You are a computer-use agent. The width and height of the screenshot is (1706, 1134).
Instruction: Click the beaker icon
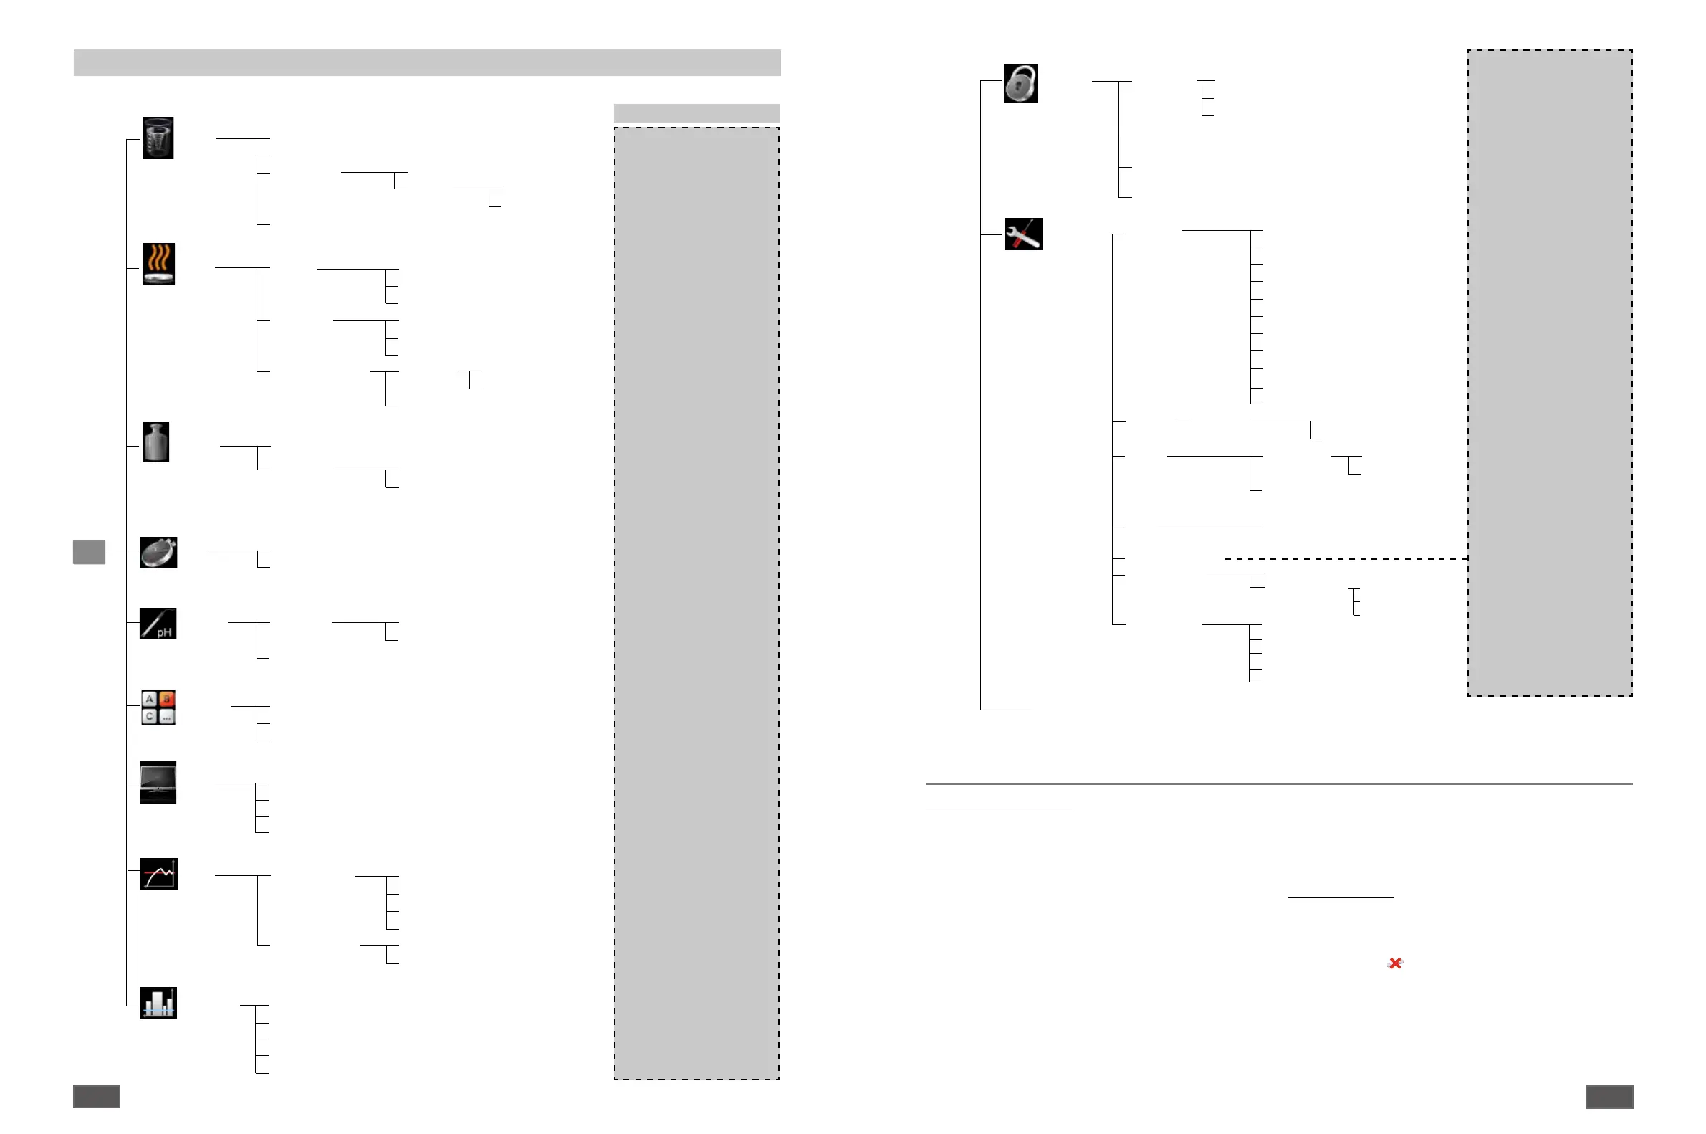[x=158, y=138]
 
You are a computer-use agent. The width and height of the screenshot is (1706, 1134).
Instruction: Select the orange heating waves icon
[x=158, y=264]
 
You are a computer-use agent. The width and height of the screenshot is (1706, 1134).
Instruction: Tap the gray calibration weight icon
[x=156, y=442]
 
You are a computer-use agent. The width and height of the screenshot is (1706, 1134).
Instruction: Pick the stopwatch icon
[x=158, y=553]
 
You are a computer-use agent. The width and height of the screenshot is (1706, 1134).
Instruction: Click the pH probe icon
[x=158, y=624]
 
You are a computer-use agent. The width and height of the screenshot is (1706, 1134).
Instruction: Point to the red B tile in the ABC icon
[x=167, y=700]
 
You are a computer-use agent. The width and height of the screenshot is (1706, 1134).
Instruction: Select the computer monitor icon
[x=158, y=782]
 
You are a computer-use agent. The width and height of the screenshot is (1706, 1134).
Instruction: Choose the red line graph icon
[x=158, y=875]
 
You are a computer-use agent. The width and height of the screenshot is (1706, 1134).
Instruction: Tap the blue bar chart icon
[x=158, y=1002]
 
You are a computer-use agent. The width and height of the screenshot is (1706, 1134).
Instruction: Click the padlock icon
[x=1020, y=83]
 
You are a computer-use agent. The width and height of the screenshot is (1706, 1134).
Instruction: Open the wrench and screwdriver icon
[x=1023, y=234]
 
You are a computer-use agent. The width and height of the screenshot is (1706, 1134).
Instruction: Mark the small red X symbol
[x=1395, y=963]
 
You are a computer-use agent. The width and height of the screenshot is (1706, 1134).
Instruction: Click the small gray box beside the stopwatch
[x=89, y=552]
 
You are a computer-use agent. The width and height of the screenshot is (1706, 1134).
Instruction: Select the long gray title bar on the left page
[x=426, y=62]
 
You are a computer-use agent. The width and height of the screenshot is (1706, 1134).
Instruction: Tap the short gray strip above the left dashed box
[x=696, y=113]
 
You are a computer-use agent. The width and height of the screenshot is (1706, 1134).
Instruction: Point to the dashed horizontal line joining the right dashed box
[x=1345, y=559]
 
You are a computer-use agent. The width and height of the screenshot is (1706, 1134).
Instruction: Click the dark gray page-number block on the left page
[x=96, y=1097]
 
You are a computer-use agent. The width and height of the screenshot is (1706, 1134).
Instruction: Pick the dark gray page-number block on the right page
[x=1609, y=1097]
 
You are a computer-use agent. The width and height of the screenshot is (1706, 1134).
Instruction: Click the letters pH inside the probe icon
[x=165, y=633]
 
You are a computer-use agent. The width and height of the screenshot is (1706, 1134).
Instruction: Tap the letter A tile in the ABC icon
[x=150, y=700]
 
